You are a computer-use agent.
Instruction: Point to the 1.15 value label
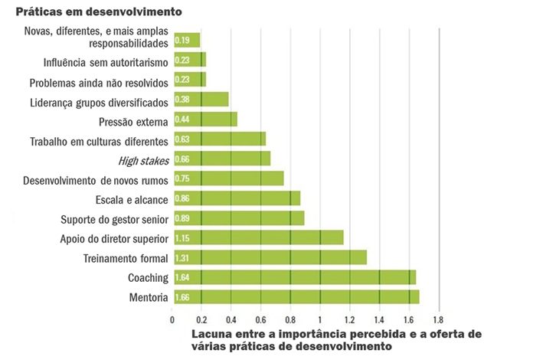point(182,238)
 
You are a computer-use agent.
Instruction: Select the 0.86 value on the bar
point(182,198)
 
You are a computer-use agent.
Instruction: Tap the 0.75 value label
point(182,178)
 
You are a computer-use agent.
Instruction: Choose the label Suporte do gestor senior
point(115,219)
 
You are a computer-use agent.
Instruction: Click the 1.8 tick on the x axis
point(438,319)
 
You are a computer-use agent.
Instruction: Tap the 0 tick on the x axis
point(172,319)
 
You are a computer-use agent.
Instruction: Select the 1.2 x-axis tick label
point(349,319)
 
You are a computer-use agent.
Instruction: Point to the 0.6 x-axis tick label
point(260,319)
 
